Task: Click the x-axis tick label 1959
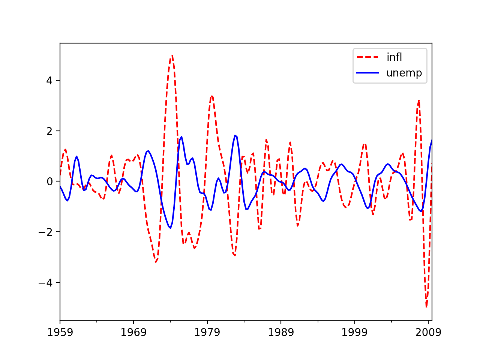(x=60, y=332)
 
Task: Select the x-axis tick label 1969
(x=133, y=332)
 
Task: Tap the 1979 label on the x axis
(x=207, y=332)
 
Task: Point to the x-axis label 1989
(x=281, y=332)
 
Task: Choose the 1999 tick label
(x=354, y=332)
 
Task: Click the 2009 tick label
(x=428, y=332)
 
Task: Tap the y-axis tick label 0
(x=49, y=181)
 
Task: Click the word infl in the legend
(x=394, y=57)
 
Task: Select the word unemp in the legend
(x=404, y=73)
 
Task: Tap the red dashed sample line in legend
(x=368, y=57)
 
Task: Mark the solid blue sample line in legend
(x=368, y=73)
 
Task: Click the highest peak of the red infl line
(x=172, y=55)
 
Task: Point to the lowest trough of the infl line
(x=426, y=307)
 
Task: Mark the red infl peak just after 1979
(x=212, y=96)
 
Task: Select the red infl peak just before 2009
(x=419, y=100)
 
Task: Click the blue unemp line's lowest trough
(x=170, y=228)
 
